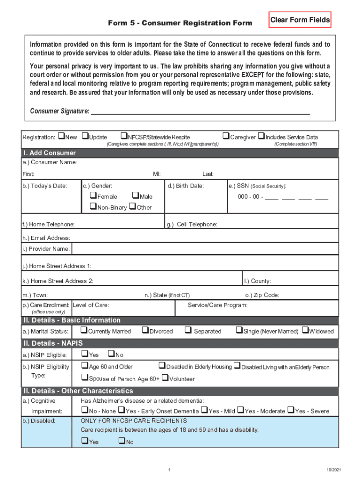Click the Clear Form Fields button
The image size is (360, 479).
click(x=300, y=20)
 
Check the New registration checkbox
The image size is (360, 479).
click(x=61, y=137)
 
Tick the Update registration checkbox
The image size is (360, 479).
click(x=85, y=137)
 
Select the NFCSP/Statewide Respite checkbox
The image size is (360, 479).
click(x=124, y=137)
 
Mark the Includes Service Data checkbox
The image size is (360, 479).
click(x=261, y=137)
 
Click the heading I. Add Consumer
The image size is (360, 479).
click(x=50, y=153)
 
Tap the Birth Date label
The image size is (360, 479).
click(x=186, y=186)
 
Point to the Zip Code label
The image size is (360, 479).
click(x=262, y=295)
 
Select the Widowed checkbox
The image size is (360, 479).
click(x=305, y=331)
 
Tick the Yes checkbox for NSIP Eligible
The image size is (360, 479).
click(x=85, y=354)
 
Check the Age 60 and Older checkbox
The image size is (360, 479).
click(x=85, y=366)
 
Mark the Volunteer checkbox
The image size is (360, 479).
click(x=165, y=378)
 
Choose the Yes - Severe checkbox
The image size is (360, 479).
click(x=291, y=411)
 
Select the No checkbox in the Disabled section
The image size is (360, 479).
click(x=122, y=441)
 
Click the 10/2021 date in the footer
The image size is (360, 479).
click(x=334, y=469)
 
